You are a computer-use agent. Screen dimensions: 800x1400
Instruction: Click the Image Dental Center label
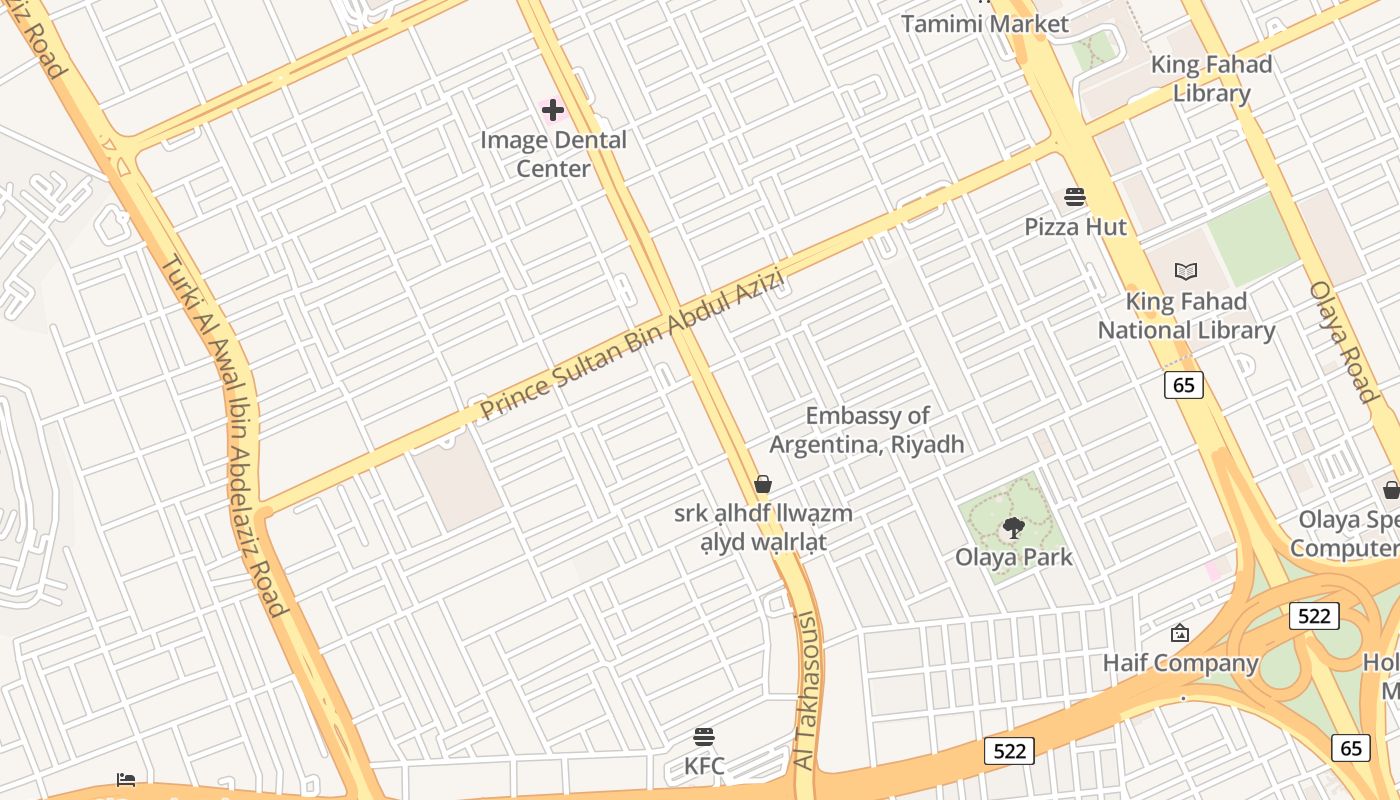(553, 154)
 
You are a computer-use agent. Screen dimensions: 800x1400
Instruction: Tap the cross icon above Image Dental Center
(553, 110)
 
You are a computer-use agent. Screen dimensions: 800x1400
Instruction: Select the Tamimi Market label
(984, 24)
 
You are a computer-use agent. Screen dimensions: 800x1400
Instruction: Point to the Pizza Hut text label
(1075, 227)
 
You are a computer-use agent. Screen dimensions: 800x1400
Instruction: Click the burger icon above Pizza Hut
(1075, 196)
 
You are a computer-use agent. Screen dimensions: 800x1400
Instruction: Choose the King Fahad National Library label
(1186, 316)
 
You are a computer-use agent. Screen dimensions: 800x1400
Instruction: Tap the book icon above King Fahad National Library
(1186, 271)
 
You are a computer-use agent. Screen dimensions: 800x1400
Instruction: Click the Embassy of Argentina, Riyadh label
(867, 430)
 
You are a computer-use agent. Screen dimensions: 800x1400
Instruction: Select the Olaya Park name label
(1013, 557)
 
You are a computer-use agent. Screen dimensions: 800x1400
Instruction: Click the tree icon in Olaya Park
(1013, 527)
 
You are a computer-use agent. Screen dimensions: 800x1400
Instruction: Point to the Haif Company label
(1180, 663)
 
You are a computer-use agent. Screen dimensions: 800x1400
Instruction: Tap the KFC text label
(704, 767)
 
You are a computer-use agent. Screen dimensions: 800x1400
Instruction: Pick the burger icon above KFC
(704, 738)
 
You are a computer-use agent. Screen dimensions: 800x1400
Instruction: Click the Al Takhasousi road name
(806, 690)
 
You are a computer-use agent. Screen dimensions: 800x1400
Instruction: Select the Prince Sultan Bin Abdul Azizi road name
(630, 345)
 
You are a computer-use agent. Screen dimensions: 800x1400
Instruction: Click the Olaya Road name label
(1345, 341)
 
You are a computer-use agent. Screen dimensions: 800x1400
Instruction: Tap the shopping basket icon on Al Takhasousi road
(763, 485)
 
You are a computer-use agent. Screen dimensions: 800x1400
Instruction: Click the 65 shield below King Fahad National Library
(1183, 385)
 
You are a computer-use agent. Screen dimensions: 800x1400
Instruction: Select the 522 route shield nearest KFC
(1008, 751)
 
